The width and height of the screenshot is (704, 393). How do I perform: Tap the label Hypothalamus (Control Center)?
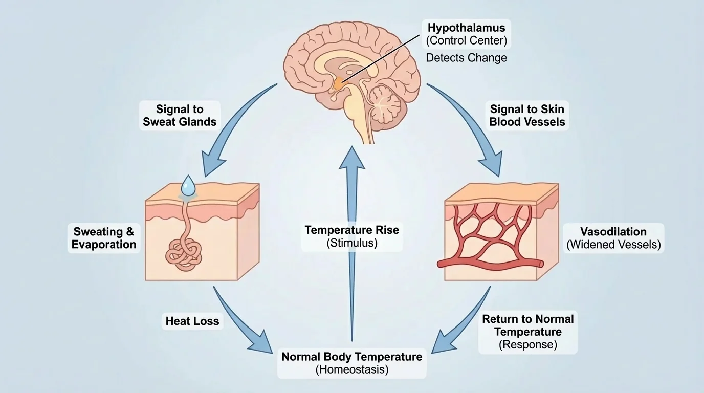(x=466, y=34)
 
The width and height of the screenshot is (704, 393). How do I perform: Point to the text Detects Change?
(x=466, y=58)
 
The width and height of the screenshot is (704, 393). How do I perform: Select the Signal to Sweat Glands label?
(x=180, y=116)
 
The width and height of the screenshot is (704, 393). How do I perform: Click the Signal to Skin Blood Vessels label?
(x=527, y=116)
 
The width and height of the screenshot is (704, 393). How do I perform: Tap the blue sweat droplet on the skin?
(x=188, y=186)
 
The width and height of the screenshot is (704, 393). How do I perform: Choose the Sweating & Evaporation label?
(x=104, y=238)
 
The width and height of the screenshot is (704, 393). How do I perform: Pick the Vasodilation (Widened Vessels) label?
(x=613, y=238)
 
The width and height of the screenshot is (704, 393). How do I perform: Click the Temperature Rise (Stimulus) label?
(x=351, y=236)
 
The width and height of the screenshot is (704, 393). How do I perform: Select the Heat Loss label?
(x=192, y=321)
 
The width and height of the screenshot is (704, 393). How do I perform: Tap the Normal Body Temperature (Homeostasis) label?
(x=351, y=362)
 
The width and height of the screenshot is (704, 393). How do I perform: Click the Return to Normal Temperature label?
(x=527, y=332)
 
